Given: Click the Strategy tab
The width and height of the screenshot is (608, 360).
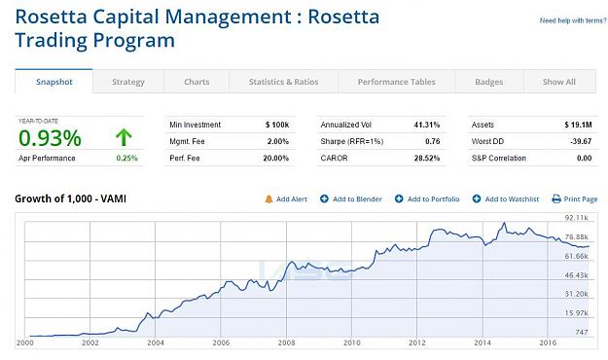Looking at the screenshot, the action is pyautogui.click(x=128, y=82).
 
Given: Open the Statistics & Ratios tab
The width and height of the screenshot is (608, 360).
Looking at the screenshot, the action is pyautogui.click(x=283, y=82).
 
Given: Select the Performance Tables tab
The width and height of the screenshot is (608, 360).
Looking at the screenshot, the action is pyautogui.click(x=396, y=82).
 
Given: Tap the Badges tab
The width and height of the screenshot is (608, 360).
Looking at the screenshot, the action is pyautogui.click(x=489, y=82).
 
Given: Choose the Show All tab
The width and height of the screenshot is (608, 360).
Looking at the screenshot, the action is pyautogui.click(x=559, y=82).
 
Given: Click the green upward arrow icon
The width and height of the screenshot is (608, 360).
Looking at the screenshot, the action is pyautogui.click(x=124, y=137).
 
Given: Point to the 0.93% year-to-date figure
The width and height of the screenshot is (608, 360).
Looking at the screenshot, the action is pyautogui.click(x=50, y=138).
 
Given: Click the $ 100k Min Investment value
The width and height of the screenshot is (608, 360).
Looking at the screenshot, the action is pyautogui.click(x=277, y=125).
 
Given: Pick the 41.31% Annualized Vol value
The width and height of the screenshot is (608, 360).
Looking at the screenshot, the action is pyautogui.click(x=427, y=125).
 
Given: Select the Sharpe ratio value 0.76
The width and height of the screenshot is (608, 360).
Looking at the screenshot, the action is pyautogui.click(x=433, y=141).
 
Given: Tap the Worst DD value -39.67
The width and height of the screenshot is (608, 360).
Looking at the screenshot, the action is pyautogui.click(x=581, y=141).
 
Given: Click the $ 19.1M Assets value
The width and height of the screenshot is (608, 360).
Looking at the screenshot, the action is pyautogui.click(x=578, y=125).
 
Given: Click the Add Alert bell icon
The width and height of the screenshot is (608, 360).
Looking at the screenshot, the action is pyautogui.click(x=268, y=199).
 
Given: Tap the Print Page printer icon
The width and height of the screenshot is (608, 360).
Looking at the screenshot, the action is pyautogui.click(x=556, y=199).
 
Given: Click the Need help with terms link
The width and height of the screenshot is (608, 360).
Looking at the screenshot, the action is pyautogui.click(x=573, y=20).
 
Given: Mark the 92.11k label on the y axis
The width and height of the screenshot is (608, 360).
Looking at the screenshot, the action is pyautogui.click(x=577, y=218).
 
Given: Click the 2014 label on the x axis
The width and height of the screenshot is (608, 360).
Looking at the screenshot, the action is pyautogui.click(x=483, y=342).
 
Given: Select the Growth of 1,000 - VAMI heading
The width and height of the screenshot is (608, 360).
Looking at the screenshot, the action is pyautogui.click(x=71, y=198).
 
